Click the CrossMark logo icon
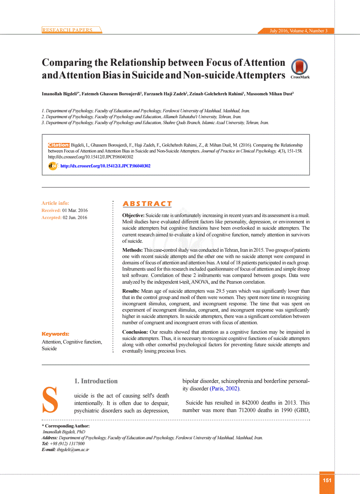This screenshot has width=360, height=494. coord(299,67)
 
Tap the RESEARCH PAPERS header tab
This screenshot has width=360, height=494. coord(67,30)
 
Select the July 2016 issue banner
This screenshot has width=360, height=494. coord(298,31)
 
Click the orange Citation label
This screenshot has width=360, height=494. coord(59,145)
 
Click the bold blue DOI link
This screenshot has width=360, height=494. coord(105,166)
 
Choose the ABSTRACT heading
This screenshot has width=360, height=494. coord(147,204)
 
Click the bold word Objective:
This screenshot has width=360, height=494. coord(133,215)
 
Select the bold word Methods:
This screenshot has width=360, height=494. coord(132,250)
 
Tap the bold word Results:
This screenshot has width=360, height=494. coord(131,291)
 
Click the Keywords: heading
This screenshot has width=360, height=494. coord(56,334)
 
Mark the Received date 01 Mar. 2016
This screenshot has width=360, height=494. coord(75,210)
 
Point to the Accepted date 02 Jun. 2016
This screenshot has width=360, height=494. coord(75,217)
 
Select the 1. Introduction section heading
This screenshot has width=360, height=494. coord(96,381)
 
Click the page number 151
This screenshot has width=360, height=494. coord(327,480)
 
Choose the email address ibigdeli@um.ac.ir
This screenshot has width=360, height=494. coord(73,449)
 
